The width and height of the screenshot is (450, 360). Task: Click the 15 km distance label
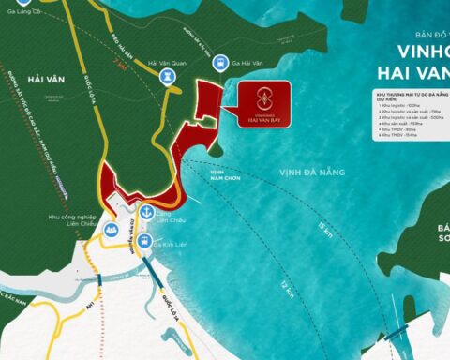[323, 231]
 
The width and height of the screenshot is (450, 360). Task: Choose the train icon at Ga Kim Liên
[144, 241]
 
